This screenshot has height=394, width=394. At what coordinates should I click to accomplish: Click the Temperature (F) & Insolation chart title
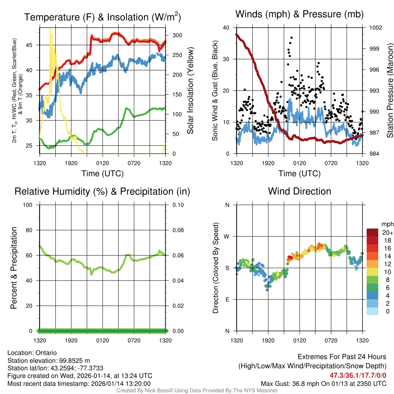pos(102,17)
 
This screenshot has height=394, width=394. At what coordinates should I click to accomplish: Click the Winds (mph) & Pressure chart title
pos(299,14)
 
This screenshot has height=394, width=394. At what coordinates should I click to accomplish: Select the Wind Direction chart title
pos(299,191)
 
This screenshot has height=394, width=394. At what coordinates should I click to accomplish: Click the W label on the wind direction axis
pos(227,236)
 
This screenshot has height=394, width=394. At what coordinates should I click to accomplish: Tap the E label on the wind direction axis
pos(227,299)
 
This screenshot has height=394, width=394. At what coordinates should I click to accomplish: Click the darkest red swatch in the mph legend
pos(372,232)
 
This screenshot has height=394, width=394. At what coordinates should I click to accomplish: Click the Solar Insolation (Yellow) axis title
pos(190,91)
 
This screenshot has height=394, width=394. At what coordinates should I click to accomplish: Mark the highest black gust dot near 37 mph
pos(292,38)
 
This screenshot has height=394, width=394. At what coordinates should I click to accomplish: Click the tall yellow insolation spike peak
pos(50,28)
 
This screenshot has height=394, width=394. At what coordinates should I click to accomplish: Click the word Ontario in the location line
pos(46,353)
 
